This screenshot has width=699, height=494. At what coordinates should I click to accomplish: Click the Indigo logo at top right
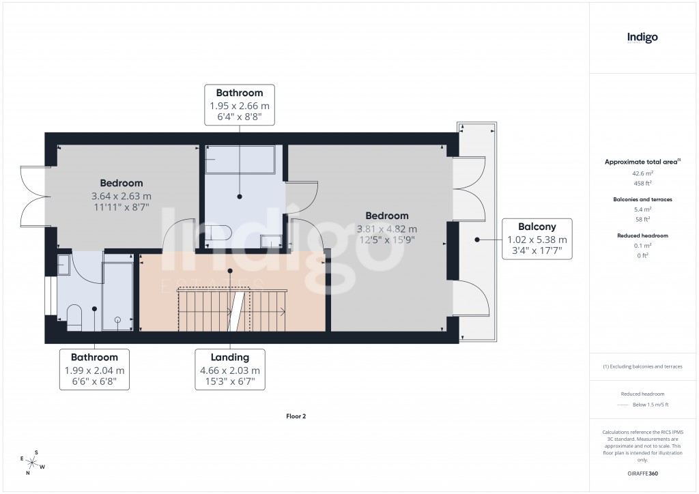pyautogui.click(x=642, y=38)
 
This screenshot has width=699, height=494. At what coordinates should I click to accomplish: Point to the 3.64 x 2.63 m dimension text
pyautogui.click(x=122, y=195)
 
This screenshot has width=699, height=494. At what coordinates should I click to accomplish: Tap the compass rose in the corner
pyautogui.click(x=31, y=462)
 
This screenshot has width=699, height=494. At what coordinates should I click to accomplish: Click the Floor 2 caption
pyautogui.click(x=296, y=416)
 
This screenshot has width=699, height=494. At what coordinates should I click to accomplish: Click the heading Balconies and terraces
pyautogui.click(x=642, y=199)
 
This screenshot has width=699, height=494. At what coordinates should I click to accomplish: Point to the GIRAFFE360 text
pyautogui.click(x=642, y=473)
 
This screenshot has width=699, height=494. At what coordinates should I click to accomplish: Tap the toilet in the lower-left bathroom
pyautogui.click(x=74, y=317)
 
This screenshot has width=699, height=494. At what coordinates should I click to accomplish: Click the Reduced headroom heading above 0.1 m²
pyautogui.click(x=642, y=235)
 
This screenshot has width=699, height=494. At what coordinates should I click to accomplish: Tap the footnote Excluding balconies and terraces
pyautogui.click(x=642, y=366)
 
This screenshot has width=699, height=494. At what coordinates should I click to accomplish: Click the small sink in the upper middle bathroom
pyautogui.click(x=271, y=241)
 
